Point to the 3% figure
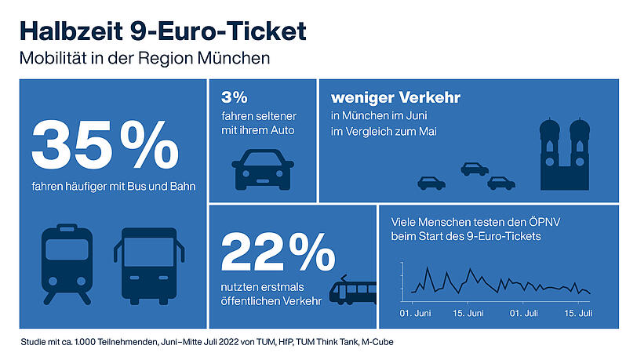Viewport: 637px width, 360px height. [234, 98]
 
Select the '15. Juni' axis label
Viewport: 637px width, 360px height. [469, 313]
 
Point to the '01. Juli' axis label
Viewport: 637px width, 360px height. [524, 313]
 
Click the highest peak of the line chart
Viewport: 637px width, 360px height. [428, 268]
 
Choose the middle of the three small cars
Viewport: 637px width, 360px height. [475, 168]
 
